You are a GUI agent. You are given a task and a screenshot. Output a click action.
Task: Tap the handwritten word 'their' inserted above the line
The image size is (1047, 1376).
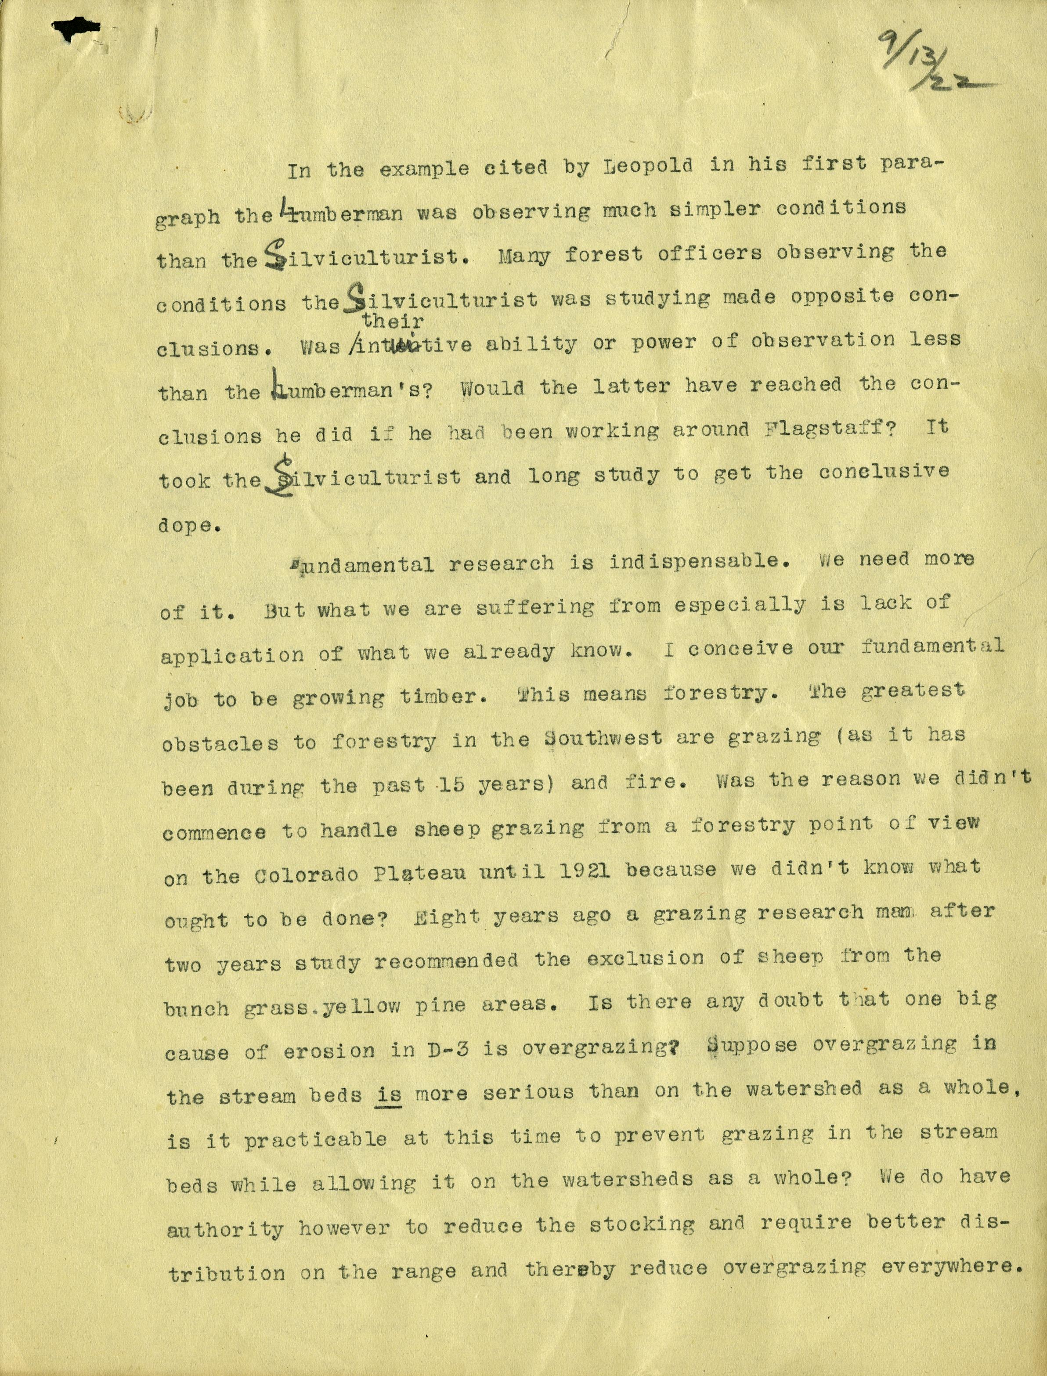(x=393, y=321)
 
